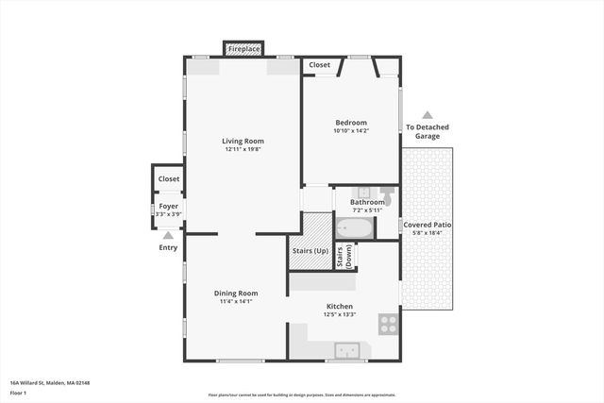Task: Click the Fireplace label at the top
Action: (243, 47)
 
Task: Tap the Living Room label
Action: (242, 142)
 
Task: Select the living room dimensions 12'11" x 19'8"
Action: (242, 150)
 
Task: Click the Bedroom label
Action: (350, 122)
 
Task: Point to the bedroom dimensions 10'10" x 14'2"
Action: (350, 130)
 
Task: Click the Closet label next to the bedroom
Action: (319, 65)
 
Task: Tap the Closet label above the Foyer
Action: (169, 178)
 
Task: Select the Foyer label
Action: (168, 206)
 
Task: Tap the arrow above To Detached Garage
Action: (427, 114)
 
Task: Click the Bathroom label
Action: (367, 202)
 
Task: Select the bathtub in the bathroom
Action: (355, 228)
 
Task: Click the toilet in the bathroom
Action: (387, 193)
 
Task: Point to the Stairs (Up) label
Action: (310, 251)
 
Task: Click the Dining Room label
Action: (236, 294)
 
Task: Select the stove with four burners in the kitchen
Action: (388, 324)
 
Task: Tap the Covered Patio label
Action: (428, 225)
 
